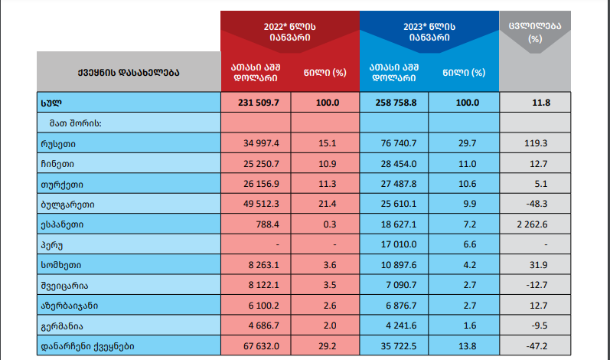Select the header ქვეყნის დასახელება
[128, 73]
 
